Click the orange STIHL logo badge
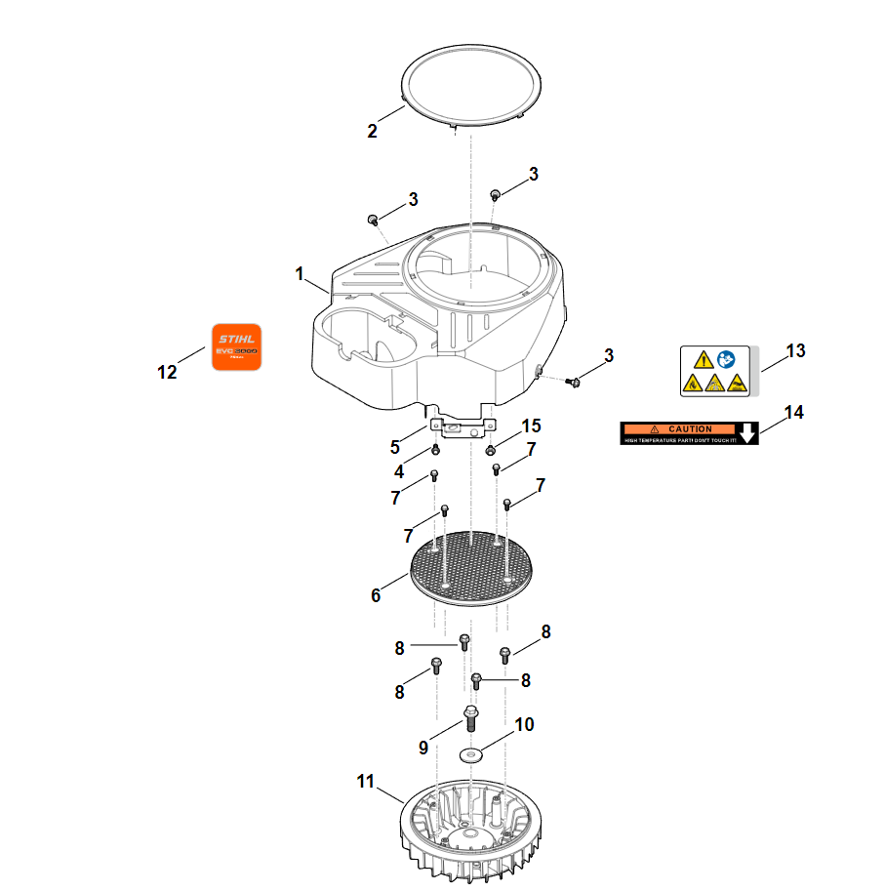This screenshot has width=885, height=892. pyautogui.click(x=237, y=346)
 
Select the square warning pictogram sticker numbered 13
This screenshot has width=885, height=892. pyautogui.click(x=715, y=371)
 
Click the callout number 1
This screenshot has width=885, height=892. pyautogui.click(x=301, y=274)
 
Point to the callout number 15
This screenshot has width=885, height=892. pyautogui.click(x=531, y=426)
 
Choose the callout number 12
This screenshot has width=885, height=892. pyautogui.click(x=167, y=372)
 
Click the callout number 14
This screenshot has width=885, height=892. pyautogui.click(x=794, y=413)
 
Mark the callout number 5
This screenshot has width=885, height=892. pyautogui.click(x=395, y=447)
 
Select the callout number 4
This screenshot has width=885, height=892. pyautogui.click(x=399, y=471)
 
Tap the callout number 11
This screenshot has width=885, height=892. pyautogui.click(x=365, y=781)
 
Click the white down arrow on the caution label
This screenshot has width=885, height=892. pyautogui.click(x=747, y=433)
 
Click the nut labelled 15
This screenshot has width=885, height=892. pyautogui.click(x=490, y=450)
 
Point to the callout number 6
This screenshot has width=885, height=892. pyautogui.click(x=376, y=594)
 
